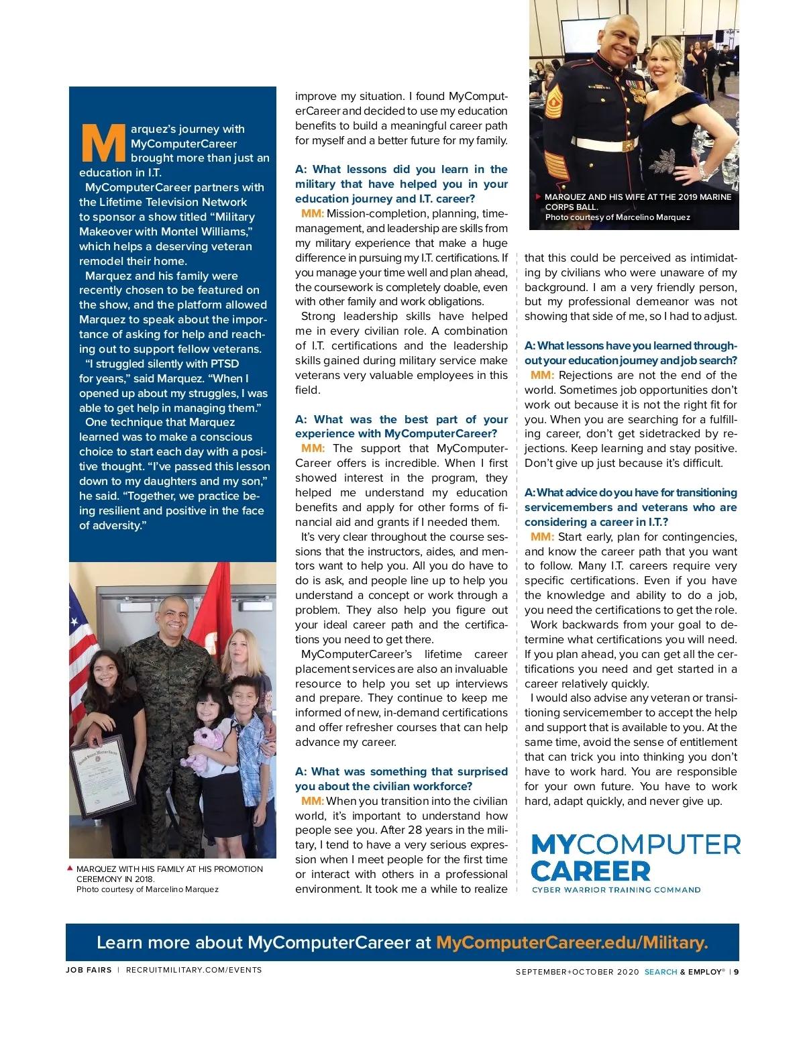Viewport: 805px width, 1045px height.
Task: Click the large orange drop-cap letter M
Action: pos(103,143)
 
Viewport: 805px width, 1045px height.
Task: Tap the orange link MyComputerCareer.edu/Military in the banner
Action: pos(572,942)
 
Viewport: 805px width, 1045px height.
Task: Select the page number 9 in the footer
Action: pos(736,972)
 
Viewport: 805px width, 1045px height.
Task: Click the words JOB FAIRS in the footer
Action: pos(89,970)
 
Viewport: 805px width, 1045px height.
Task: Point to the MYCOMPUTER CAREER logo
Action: pos(635,858)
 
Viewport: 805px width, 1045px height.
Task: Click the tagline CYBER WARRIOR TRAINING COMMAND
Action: pos(616,890)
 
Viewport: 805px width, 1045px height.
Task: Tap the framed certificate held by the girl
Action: pos(103,778)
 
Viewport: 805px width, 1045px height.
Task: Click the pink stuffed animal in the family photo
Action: pos(204,748)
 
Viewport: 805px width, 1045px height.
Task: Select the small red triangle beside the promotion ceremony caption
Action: pos(70,869)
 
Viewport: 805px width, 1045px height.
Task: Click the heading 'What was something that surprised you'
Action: pos(401,779)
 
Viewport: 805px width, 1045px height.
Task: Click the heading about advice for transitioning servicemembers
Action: pos(630,507)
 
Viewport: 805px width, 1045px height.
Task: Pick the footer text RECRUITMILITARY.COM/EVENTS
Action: pos(194,970)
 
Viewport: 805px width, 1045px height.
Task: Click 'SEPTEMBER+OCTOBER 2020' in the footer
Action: pos(577,972)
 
